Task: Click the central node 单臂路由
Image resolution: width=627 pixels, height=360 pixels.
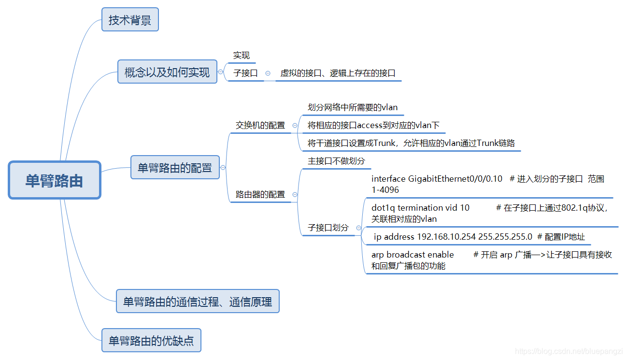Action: [55, 181]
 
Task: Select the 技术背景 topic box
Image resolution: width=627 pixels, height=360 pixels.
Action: [130, 20]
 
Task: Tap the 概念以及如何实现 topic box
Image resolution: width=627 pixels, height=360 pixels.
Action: [167, 72]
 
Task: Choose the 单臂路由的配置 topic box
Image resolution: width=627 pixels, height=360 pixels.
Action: [175, 168]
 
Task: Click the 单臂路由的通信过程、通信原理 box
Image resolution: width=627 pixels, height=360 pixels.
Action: [198, 302]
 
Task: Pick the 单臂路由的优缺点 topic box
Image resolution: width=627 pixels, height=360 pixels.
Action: [151, 341]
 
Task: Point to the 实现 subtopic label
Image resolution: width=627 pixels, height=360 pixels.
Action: [242, 56]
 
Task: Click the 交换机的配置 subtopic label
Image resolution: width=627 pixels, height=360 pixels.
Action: [260, 125]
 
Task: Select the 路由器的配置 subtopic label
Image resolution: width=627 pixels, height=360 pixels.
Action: [260, 194]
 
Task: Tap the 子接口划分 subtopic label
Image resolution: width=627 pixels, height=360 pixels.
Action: [328, 227]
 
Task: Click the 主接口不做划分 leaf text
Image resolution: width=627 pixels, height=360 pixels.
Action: [336, 161]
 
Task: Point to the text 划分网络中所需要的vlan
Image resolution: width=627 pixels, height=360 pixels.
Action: [353, 107]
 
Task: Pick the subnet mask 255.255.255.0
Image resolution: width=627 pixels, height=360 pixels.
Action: [505, 237]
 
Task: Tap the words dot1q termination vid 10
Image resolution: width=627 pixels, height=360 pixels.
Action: [420, 208]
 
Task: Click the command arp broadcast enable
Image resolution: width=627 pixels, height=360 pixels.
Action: [413, 255]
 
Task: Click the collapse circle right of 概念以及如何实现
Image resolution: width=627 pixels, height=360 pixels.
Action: [221, 72]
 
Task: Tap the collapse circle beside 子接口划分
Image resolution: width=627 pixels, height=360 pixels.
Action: [358, 228]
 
